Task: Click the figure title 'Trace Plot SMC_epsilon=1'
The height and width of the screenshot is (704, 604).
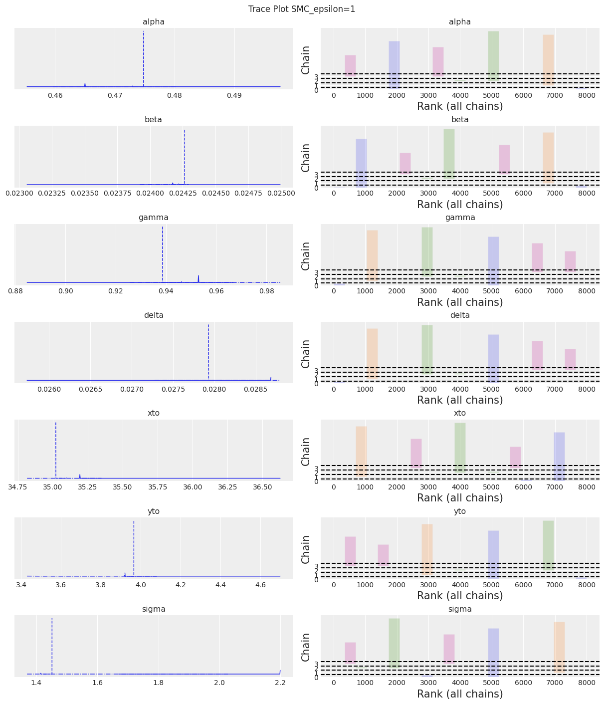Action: point(302,9)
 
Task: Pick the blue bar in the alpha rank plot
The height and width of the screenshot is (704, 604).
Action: point(394,65)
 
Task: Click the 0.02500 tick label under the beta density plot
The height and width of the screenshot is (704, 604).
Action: point(280,193)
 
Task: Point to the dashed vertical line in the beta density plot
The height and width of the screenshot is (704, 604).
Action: point(185,157)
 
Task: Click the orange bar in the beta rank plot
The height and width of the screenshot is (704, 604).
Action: point(548,158)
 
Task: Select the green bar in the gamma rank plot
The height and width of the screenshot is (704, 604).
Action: point(427,251)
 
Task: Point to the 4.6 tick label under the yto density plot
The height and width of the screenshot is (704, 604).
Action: point(260,584)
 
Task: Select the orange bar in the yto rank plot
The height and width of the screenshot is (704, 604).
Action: point(427,549)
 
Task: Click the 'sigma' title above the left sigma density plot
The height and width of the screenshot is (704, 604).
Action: point(153,609)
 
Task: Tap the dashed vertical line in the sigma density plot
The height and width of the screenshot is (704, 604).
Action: point(52,646)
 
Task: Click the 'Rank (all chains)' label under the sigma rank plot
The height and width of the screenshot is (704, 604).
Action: point(460,694)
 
